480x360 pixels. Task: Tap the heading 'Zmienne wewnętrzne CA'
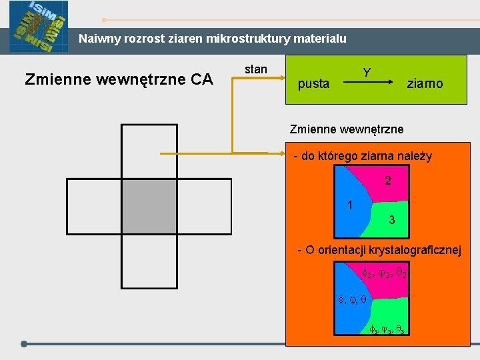(119, 80)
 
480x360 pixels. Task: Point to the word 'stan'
(256, 69)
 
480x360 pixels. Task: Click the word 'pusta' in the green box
(313, 84)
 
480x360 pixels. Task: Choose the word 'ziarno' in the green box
(425, 84)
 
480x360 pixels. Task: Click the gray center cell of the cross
(149, 206)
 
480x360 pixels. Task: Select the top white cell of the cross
(149, 151)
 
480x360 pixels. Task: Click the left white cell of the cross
(94, 206)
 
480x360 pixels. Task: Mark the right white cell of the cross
(203, 206)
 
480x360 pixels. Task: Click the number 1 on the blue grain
(350, 205)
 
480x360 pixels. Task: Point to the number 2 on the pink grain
(388, 181)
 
